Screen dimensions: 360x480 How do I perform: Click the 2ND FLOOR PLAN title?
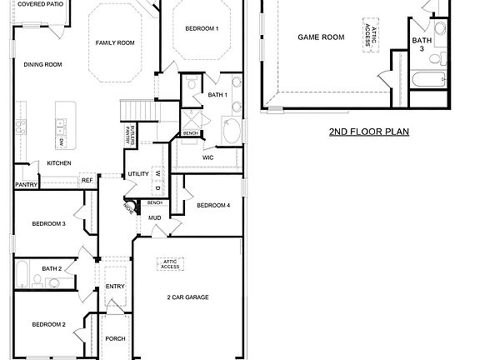coord(368,131)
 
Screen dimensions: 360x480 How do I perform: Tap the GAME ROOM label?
coord(322,37)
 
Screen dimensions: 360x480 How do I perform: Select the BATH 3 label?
coord(422,44)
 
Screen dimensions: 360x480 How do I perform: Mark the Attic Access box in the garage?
coord(170,264)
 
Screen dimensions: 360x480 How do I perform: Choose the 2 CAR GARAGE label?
coord(187,297)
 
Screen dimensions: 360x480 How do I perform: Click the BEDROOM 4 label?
coord(212,205)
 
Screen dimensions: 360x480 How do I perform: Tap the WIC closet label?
coord(208,157)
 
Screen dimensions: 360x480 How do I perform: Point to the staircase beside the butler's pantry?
coord(138,110)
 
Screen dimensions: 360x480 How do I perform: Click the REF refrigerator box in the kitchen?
coord(87,180)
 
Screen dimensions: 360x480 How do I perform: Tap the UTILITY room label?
coord(137,174)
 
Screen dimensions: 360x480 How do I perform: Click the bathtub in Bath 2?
coord(22,274)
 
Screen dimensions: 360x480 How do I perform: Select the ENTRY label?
coord(115,287)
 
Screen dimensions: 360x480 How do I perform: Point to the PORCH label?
coord(115,338)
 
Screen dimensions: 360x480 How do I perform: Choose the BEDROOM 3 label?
coord(48,223)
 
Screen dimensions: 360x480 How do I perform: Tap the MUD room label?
coord(154,218)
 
